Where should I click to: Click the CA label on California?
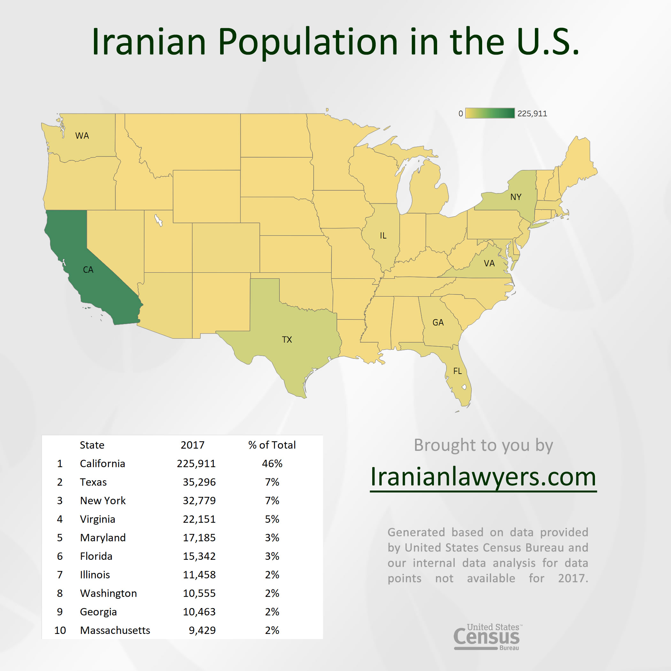(88, 270)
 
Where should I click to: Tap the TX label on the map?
(287, 340)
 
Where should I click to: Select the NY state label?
(516, 197)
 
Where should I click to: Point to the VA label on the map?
(489, 264)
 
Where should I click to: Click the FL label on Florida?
(458, 371)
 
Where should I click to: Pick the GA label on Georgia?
(438, 323)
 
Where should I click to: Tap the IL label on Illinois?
(383, 236)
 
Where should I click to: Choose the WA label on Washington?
(82, 136)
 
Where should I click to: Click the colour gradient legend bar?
(490, 113)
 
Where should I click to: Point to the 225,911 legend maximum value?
(532, 113)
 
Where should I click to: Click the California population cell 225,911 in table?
(196, 464)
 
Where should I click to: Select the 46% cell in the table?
(272, 464)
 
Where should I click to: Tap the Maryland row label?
(103, 538)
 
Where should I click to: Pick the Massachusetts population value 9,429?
(202, 630)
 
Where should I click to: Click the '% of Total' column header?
(272, 445)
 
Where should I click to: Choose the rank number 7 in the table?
(60, 575)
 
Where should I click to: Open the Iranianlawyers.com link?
(483, 477)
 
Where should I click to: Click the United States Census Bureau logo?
(487, 637)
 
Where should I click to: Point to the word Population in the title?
(308, 42)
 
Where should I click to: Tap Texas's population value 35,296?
(199, 482)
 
